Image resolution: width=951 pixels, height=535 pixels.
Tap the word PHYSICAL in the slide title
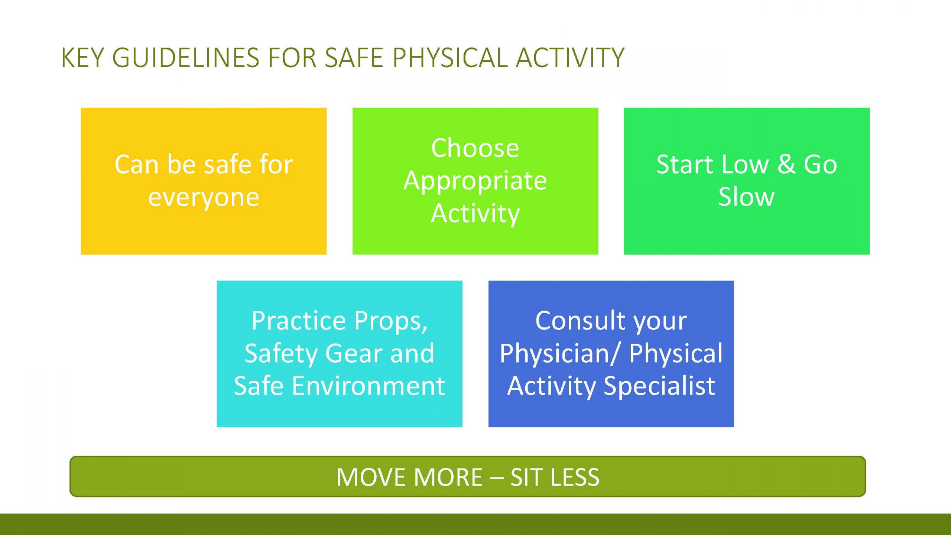click(x=450, y=58)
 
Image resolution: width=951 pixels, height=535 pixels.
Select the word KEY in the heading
click(x=82, y=58)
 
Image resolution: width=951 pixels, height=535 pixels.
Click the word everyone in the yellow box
click(x=204, y=198)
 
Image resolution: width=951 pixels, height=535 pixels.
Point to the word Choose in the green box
click(x=475, y=148)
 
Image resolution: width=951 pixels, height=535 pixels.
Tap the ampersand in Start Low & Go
click(x=786, y=164)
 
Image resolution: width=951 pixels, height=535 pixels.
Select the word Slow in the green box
click(x=746, y=197)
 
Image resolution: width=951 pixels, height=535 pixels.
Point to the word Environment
click(x=368, y=386)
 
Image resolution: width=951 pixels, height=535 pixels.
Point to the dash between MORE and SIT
click(x=496, y=479)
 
